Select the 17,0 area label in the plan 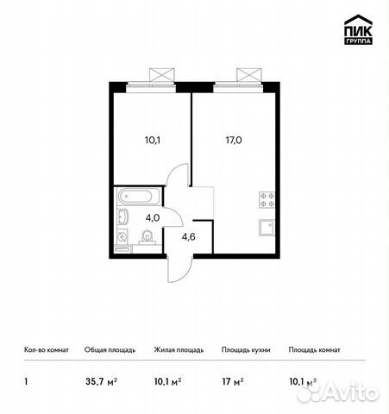pyautogui.click(x=234, y=135)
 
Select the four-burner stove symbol pyautogui.click(x=267, y=200)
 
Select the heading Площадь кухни pyautogui.click(x=246, y=350)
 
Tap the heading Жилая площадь pyautogui.click(x=179, y=350)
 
